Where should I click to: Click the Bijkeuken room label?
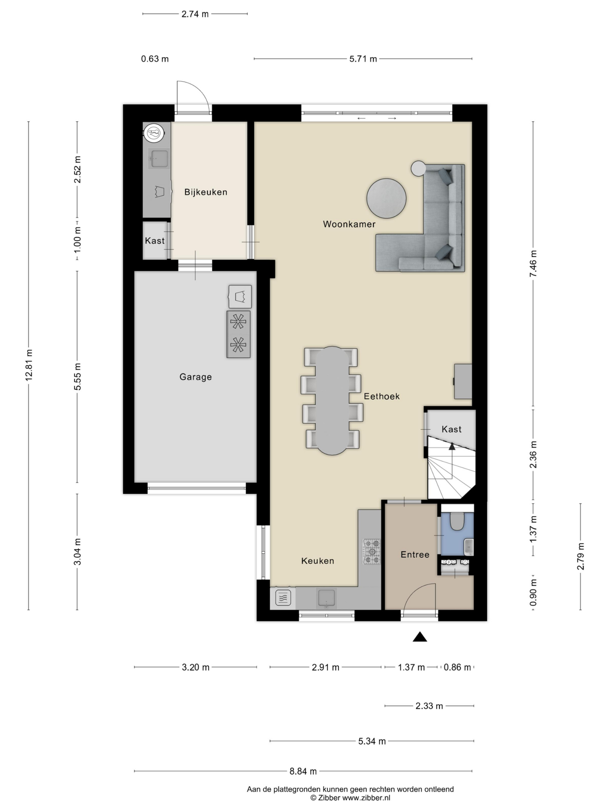coord(206,192)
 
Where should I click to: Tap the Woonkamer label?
coord(349,224)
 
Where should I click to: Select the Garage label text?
coord(196,377)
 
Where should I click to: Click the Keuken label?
coord(318,561)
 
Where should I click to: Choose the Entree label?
coord(415,555)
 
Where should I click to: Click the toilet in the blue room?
coord(457,521)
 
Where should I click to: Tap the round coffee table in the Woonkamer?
coord(386,198)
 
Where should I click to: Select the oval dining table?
coord(332,401)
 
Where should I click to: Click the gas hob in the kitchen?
coord(372,552)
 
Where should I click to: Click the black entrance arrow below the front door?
coord(420,637)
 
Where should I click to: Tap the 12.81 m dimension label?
coord(29,365)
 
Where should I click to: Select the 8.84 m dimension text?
coord(303,771)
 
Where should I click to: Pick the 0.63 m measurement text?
coord(155,59)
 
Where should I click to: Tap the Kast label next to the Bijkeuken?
coord(154,241)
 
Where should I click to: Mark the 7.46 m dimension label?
coord(533,264)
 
